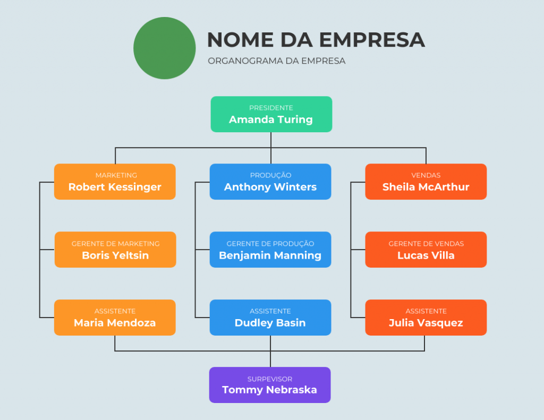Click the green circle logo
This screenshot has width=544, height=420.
(x=165, y=48)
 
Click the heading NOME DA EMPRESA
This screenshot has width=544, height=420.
(x=316, y=39)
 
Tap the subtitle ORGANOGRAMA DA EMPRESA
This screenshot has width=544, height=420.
(x=276, y=61)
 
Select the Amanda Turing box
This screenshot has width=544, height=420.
(x=271, y=114)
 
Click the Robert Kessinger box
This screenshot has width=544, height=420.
(x=115, y=182)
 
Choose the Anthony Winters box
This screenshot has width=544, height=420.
(x=270, y=182)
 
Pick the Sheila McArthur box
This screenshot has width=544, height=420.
(x=426, y=182)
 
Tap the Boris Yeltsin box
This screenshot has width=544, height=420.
(x=115, y=250)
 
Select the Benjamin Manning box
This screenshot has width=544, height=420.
(x=270, y=250)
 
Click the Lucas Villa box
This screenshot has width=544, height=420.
(x=426, y=250)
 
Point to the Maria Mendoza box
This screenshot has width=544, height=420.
(x=115, y=318)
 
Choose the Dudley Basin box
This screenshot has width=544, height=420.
(x=270, y=318)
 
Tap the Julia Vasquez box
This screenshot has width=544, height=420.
(x=426, y=318)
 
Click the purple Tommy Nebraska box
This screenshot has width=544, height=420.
(x=269, y=384)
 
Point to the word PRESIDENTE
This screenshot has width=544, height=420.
(x=271, y=108)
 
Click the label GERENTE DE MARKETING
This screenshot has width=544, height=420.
(x=115, y=244)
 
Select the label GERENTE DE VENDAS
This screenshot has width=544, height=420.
(x=426, y=244)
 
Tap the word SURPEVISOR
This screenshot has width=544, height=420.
(x=269, y=379)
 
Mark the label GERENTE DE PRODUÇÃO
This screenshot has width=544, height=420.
(x=270, y=244)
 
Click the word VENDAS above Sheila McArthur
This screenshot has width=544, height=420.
(x=426, y=175)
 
